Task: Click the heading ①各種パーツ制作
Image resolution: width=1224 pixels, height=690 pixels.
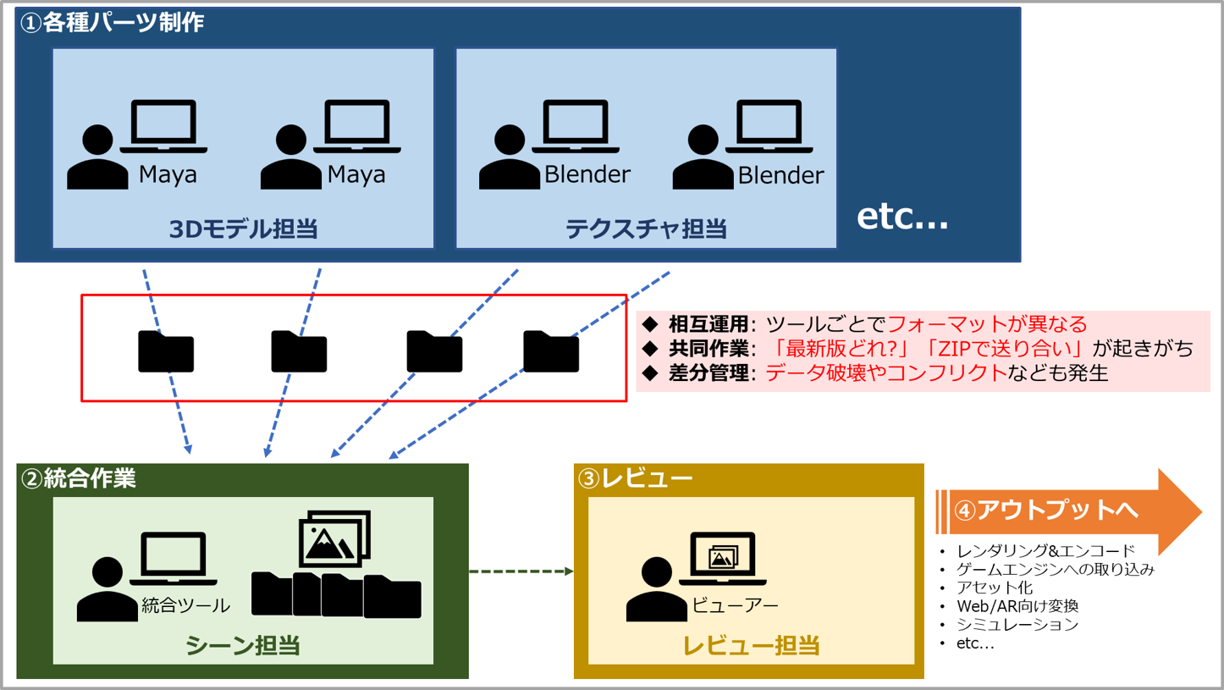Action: click(112, 23)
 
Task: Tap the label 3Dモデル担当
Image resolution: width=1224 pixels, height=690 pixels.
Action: click(243, 229)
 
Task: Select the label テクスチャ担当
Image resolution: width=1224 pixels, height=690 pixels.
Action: click(646, 229)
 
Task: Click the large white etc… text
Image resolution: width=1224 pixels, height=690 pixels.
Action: click(902, 216)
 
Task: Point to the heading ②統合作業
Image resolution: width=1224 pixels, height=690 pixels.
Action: click(78, 478)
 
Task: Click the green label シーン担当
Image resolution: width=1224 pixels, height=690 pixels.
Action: click(243, 646)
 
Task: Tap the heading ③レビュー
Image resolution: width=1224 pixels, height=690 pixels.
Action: click(635, 478)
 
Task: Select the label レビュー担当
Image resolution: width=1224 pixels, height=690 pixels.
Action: click(751, 646)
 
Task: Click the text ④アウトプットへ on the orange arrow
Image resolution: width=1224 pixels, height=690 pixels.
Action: click(1046, 510)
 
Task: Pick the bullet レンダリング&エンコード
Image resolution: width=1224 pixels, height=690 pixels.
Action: click(1045, 551)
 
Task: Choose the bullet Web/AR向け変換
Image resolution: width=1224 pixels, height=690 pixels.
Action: click(1017, 606)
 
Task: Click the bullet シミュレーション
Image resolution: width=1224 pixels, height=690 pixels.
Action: click(1017, 625)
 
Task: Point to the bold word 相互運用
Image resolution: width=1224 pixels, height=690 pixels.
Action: click(708, 324)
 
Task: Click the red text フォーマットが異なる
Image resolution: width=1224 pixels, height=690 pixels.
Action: click(987, 324)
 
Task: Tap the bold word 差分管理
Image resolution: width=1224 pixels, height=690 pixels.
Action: click(708, 373)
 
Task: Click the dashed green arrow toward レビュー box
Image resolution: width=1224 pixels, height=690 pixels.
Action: click(521, 571)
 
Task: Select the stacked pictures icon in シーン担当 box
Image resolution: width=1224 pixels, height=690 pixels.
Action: click(334, 538)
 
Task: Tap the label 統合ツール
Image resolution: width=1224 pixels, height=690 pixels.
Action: click(185, 605)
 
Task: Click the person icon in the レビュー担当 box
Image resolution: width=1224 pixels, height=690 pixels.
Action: click(656, 590)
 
